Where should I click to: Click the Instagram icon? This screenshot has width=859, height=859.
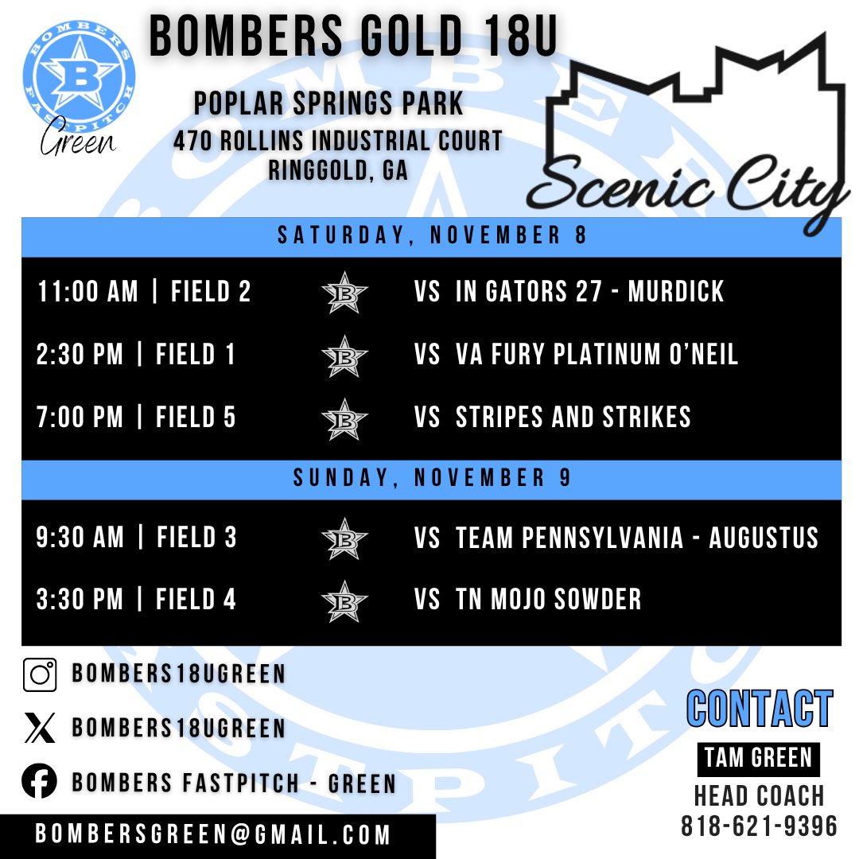[40, 675]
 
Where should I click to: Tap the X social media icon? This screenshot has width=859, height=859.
[40, 729]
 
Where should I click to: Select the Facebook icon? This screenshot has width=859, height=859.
[40, 782]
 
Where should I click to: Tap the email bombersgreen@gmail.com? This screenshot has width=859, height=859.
[213, 835]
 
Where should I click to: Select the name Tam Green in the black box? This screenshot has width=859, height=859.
[758, 758]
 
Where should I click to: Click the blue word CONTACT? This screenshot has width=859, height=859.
[759, 709]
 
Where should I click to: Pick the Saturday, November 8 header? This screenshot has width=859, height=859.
[431, 237]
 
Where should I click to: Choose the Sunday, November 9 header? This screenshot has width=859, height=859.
[431, 479]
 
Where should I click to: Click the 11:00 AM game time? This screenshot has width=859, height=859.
[87, 292]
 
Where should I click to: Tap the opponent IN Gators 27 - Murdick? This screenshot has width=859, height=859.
[589, 292]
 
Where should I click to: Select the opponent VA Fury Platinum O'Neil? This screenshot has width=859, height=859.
[597, 355]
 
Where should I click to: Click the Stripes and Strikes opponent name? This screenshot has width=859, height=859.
[573, 418]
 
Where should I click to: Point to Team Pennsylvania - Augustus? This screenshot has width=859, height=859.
[636, 538]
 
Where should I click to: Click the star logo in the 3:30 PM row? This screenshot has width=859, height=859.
[345, 601]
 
